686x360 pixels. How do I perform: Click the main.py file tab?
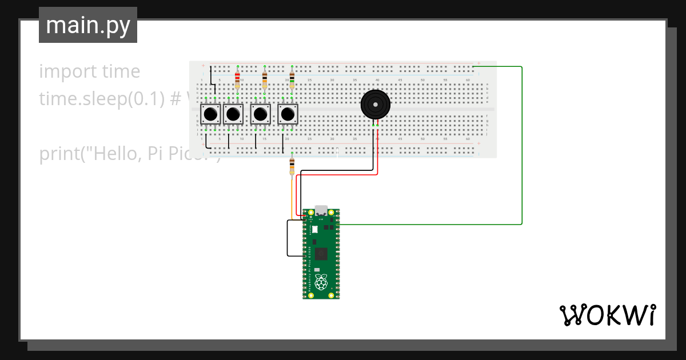[88, 26]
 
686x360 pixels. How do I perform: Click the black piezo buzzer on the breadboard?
[376, 105]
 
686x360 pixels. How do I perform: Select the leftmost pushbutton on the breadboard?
[210, 114]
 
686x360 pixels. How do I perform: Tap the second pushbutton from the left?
[233, 114]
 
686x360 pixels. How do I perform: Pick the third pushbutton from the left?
[261, 114]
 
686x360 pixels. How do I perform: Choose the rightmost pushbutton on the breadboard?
[288, 114]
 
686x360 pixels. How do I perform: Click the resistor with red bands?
[237, 77]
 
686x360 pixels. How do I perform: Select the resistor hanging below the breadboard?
[292, 166]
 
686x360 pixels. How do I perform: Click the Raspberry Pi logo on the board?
[321, 281]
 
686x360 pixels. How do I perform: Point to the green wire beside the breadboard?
[522, 143]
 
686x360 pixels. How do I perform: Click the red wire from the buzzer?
[377, 154]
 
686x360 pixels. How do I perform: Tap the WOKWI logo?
[607, 315]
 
